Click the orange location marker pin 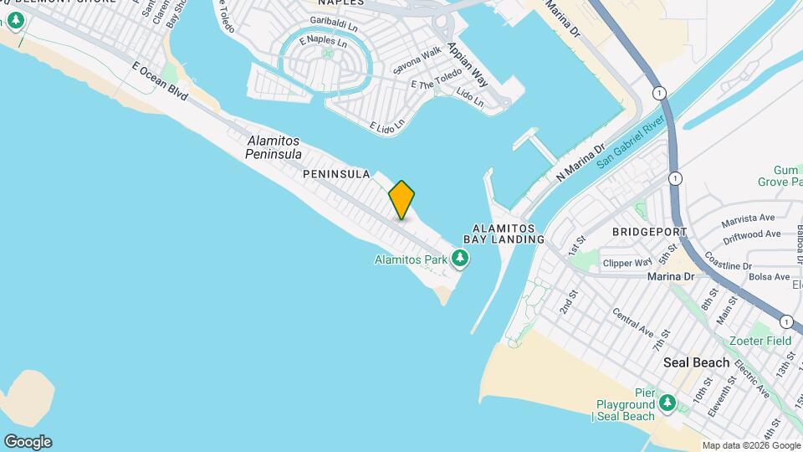pos(401,199)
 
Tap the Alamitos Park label pos(411,259)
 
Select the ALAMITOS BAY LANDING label pos(509,233)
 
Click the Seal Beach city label pos(696,362)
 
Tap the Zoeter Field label pos(760,342)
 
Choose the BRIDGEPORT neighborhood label pos(649,231)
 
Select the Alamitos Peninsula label pos(274,147)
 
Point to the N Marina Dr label pos(580,162)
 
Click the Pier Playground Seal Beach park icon pos(667,404)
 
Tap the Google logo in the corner pos(28,442)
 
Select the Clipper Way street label pos(627,263)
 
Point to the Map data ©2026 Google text pos(750,445)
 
